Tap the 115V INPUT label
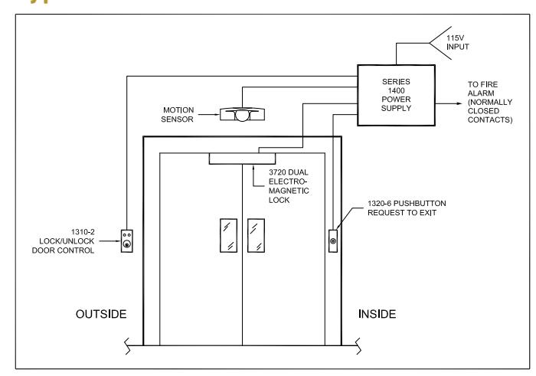pos(457,42)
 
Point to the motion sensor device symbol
pos(242,114)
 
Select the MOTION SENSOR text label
pos(178,115)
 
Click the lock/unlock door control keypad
pos(127,241)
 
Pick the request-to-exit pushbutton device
pos(333,241)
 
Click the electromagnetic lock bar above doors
pos(242,159)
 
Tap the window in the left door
pos(228,236)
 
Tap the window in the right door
pos(256,236)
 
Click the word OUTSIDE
pos(101,314)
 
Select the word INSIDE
pos(377,314)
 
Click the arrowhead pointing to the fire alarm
pos(459,103)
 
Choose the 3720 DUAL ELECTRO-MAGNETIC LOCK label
pos(289,186)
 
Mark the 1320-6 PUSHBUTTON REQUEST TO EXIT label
pos(407,208)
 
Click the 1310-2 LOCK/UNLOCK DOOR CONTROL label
pos(64,241)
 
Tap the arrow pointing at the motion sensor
pos(209,115)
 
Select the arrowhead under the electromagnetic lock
pos(253,166)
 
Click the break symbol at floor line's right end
pos(358,346)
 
